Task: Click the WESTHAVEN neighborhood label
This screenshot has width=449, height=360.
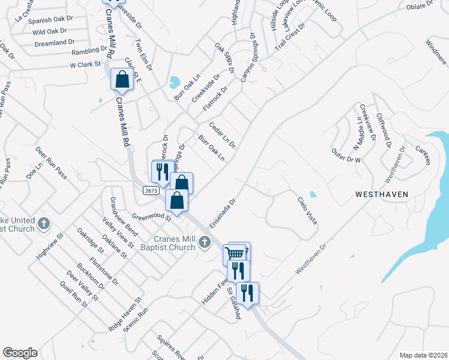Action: tap(381, 194)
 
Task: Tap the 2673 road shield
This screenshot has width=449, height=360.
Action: tap(151, 190)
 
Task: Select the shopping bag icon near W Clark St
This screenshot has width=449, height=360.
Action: tap(122, 79)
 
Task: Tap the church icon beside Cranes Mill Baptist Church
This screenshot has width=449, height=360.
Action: tap(205, 242)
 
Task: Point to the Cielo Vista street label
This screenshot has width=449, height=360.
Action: tap(307, 211)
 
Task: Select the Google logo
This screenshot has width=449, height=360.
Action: tap(20, 353)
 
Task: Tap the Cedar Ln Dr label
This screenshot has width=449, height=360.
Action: tap(222, 135)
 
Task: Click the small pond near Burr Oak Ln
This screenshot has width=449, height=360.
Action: tap(175, 81)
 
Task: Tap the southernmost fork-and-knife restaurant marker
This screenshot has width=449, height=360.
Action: tap(247, 293)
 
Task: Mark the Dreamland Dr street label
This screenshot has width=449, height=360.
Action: tap(54, 43)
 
